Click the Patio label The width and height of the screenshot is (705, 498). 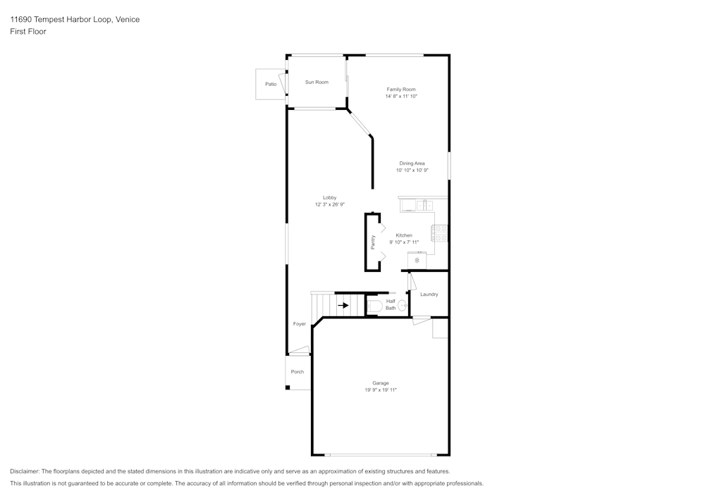tap(271, 84)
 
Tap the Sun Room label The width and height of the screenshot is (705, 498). tap(317, 82)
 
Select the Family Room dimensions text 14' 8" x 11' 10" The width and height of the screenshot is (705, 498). tap(401, 96)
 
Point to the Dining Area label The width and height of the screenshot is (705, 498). tap(412, 163)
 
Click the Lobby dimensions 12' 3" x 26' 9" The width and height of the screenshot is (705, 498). tap(329, 204)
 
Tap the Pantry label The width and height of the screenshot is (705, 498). tap(373, 242)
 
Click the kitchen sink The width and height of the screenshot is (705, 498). tap(424, 206)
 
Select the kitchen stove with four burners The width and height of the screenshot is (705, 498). tap(441, 234)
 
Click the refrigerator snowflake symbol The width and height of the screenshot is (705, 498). tap(417, 261)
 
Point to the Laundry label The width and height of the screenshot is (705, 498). tap(429, 294)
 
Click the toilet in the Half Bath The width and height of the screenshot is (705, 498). tap(374, 306)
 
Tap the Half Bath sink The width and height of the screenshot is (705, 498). tap(403, 306)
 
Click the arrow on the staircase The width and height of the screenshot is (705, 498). tap(343, 306)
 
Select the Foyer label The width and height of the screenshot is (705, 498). tap(300, 324)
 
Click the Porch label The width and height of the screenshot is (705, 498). tap(298, 372)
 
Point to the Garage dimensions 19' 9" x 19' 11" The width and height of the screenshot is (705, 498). tap(381, 390)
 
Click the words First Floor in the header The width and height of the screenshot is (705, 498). tap(28, 32)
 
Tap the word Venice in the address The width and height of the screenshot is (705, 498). tap(128, 19)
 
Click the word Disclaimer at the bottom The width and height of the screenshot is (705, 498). tap(24, 471)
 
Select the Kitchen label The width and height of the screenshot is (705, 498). tap(404, 235)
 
